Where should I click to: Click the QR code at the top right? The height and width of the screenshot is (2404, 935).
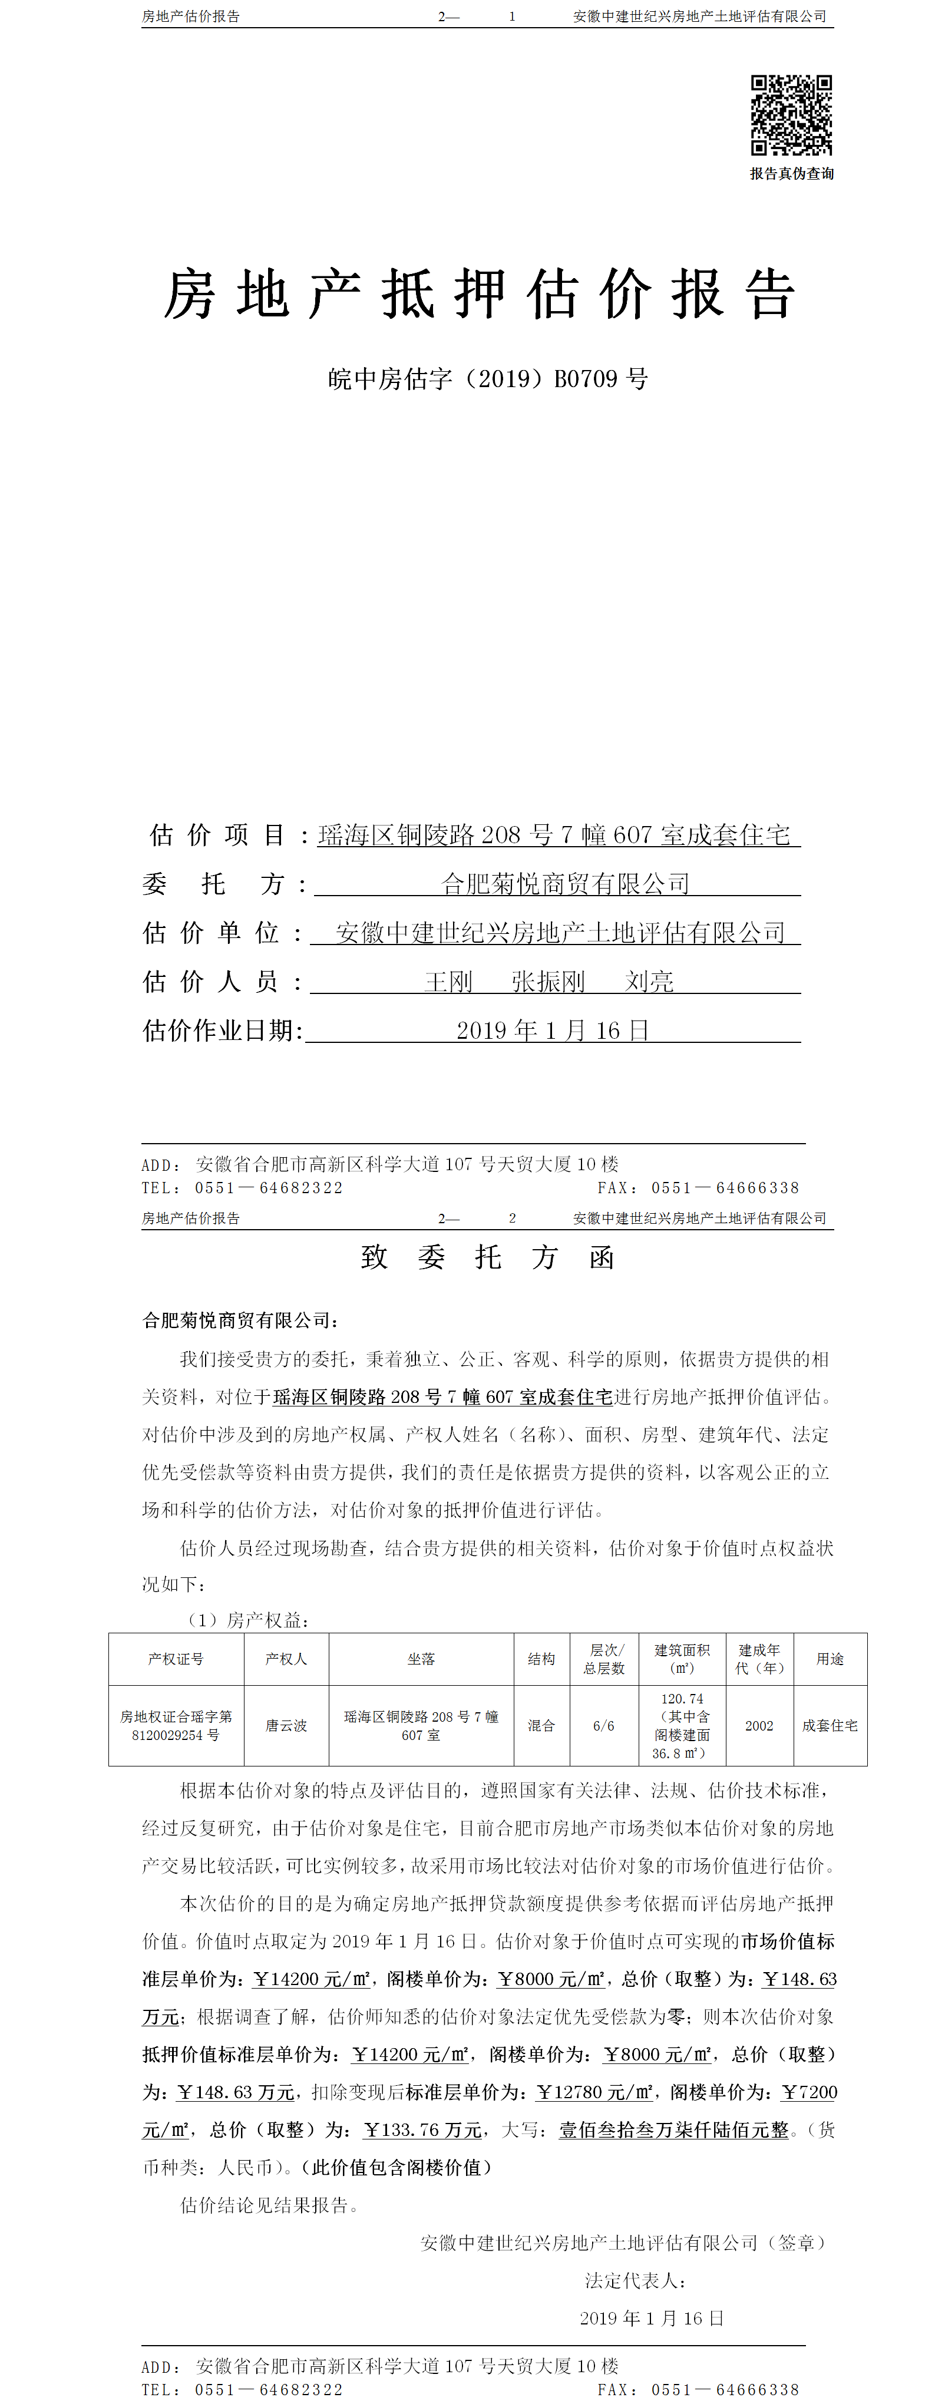[x=791, y=115]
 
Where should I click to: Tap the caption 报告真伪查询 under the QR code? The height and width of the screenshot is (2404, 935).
[x=791, y=174]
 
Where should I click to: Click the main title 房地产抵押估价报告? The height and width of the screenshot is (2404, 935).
[x=480, y=294]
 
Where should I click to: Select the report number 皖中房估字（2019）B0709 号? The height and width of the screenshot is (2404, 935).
[x=488, y=379]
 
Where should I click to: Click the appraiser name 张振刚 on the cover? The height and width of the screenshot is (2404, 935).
[x=548, y=982]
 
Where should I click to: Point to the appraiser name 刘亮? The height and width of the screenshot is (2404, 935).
[x=649, y=982]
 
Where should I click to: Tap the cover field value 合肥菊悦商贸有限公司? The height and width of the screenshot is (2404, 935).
[x=566, y=884]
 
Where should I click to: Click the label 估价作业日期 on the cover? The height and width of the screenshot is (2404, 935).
[x=222, y=1031]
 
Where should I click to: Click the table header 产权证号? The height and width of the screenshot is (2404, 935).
[x=176, y=1659]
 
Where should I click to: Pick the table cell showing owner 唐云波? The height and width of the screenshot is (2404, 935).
[x=286, y=1726]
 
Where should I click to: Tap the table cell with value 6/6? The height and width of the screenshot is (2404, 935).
[x=604, y=1726]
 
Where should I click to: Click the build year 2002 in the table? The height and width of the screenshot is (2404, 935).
[x=759, y=1726]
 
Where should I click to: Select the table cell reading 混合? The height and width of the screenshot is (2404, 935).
[x=541, y=1726]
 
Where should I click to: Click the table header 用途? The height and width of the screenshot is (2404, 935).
[x=830, y=1659]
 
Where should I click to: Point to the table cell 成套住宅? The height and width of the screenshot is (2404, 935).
[x=830, y=1726]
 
